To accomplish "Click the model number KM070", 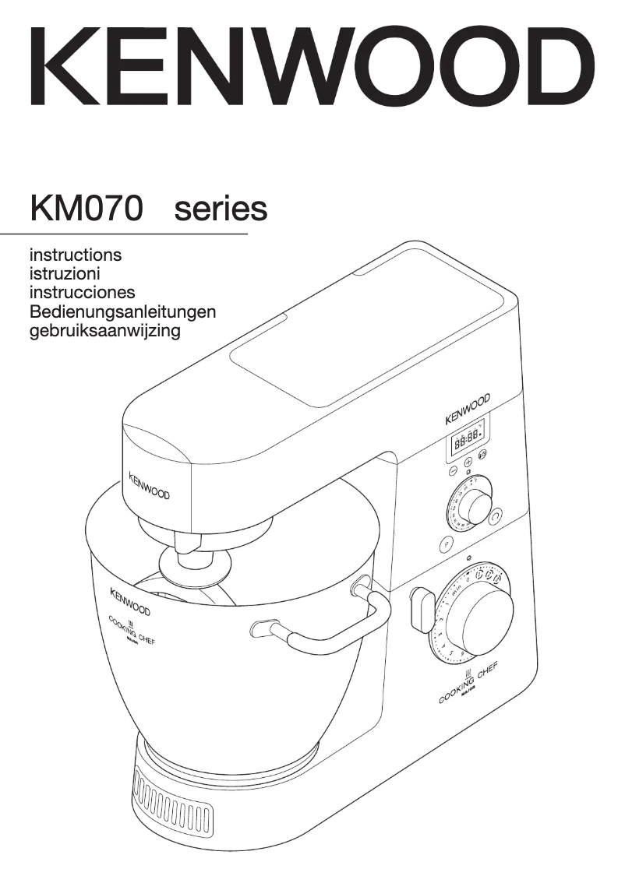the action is pyautogui.click(x=87, y=208).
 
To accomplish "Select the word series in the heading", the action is pyautogui.click(x=221, y=208).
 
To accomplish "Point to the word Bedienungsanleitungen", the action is pyautogui.click(x=122, y=312).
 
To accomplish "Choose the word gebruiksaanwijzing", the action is pyautogui.click(x=104, y=332).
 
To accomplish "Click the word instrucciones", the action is pyautogui.click(x=82, y=293).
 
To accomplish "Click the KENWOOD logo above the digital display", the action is pyautogui.click(x=468, y=409).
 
